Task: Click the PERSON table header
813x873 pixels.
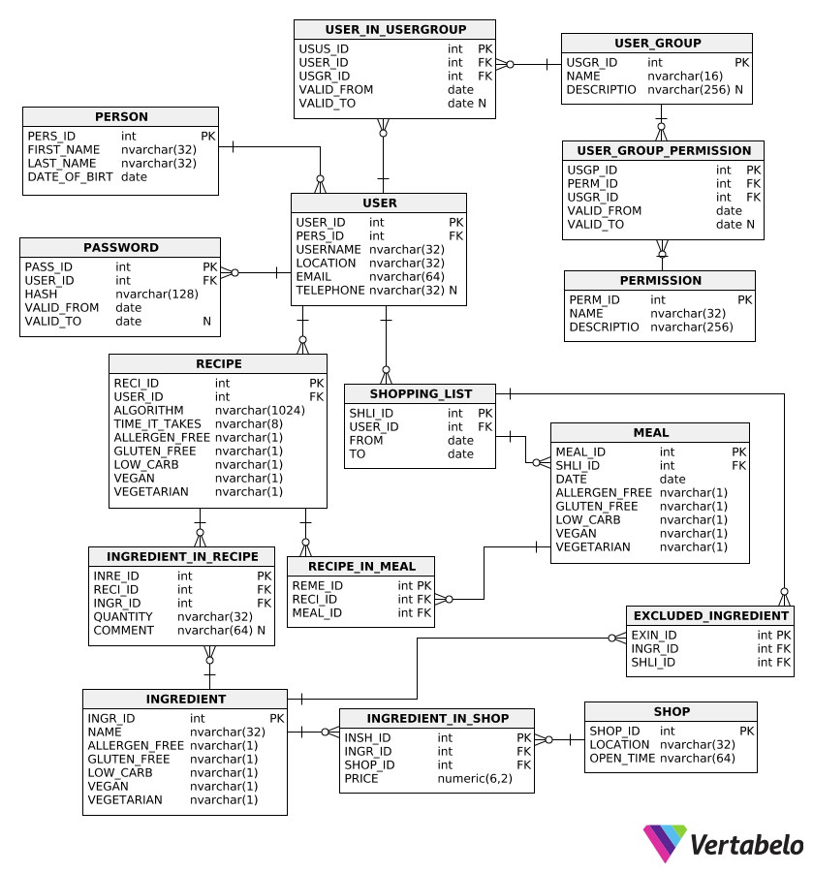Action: (121, 117)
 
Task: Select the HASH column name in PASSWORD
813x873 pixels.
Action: (41, 294)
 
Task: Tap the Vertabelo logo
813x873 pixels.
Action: (723, 844)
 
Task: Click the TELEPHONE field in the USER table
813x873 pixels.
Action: (330, 290)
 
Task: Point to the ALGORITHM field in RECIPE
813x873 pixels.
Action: (148, 410)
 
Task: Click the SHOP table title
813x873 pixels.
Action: (672, 711)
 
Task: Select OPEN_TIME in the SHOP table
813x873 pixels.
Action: (622, 759)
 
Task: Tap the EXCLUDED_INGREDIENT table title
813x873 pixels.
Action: (710, 616)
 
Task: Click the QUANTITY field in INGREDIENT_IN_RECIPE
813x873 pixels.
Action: (122, 617)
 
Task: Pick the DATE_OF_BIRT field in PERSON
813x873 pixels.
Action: (70, 177)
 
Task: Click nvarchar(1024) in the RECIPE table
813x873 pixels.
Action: (260, 410)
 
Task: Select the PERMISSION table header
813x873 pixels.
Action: (661, 281)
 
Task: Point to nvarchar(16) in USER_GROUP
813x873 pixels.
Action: (685, 77)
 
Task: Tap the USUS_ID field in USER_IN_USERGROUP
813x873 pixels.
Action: (324, 49)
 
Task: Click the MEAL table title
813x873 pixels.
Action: (650, 432)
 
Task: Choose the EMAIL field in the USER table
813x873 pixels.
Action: (314, 277)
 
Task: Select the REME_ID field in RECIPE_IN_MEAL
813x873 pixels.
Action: (318, 585)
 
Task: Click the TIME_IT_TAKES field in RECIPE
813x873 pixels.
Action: (157, 424)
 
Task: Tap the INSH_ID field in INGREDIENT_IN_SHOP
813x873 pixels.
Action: (367, 737)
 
